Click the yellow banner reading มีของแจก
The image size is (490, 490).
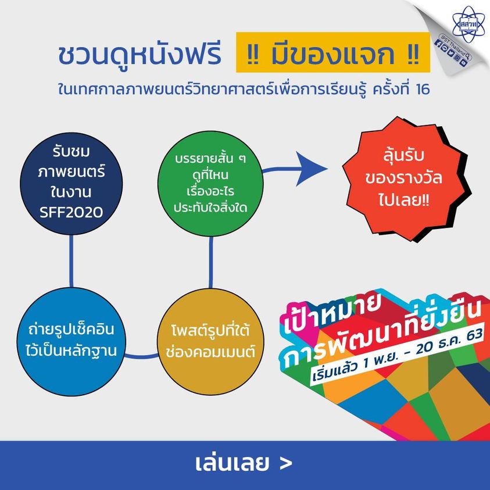333,52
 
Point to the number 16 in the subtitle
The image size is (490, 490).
423,90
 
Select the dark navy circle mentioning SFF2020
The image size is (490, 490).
71,184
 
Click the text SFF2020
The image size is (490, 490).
71,213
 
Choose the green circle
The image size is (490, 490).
210,184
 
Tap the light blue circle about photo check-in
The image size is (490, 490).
71,342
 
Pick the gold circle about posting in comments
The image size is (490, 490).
210,342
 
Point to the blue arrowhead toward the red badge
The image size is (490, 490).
311,169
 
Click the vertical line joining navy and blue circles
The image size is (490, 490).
71,261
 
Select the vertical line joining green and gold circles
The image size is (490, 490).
210,262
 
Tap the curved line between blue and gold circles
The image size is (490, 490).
141,356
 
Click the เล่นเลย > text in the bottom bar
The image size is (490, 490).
244,463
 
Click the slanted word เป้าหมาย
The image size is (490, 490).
331,313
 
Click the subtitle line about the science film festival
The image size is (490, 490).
244,90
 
